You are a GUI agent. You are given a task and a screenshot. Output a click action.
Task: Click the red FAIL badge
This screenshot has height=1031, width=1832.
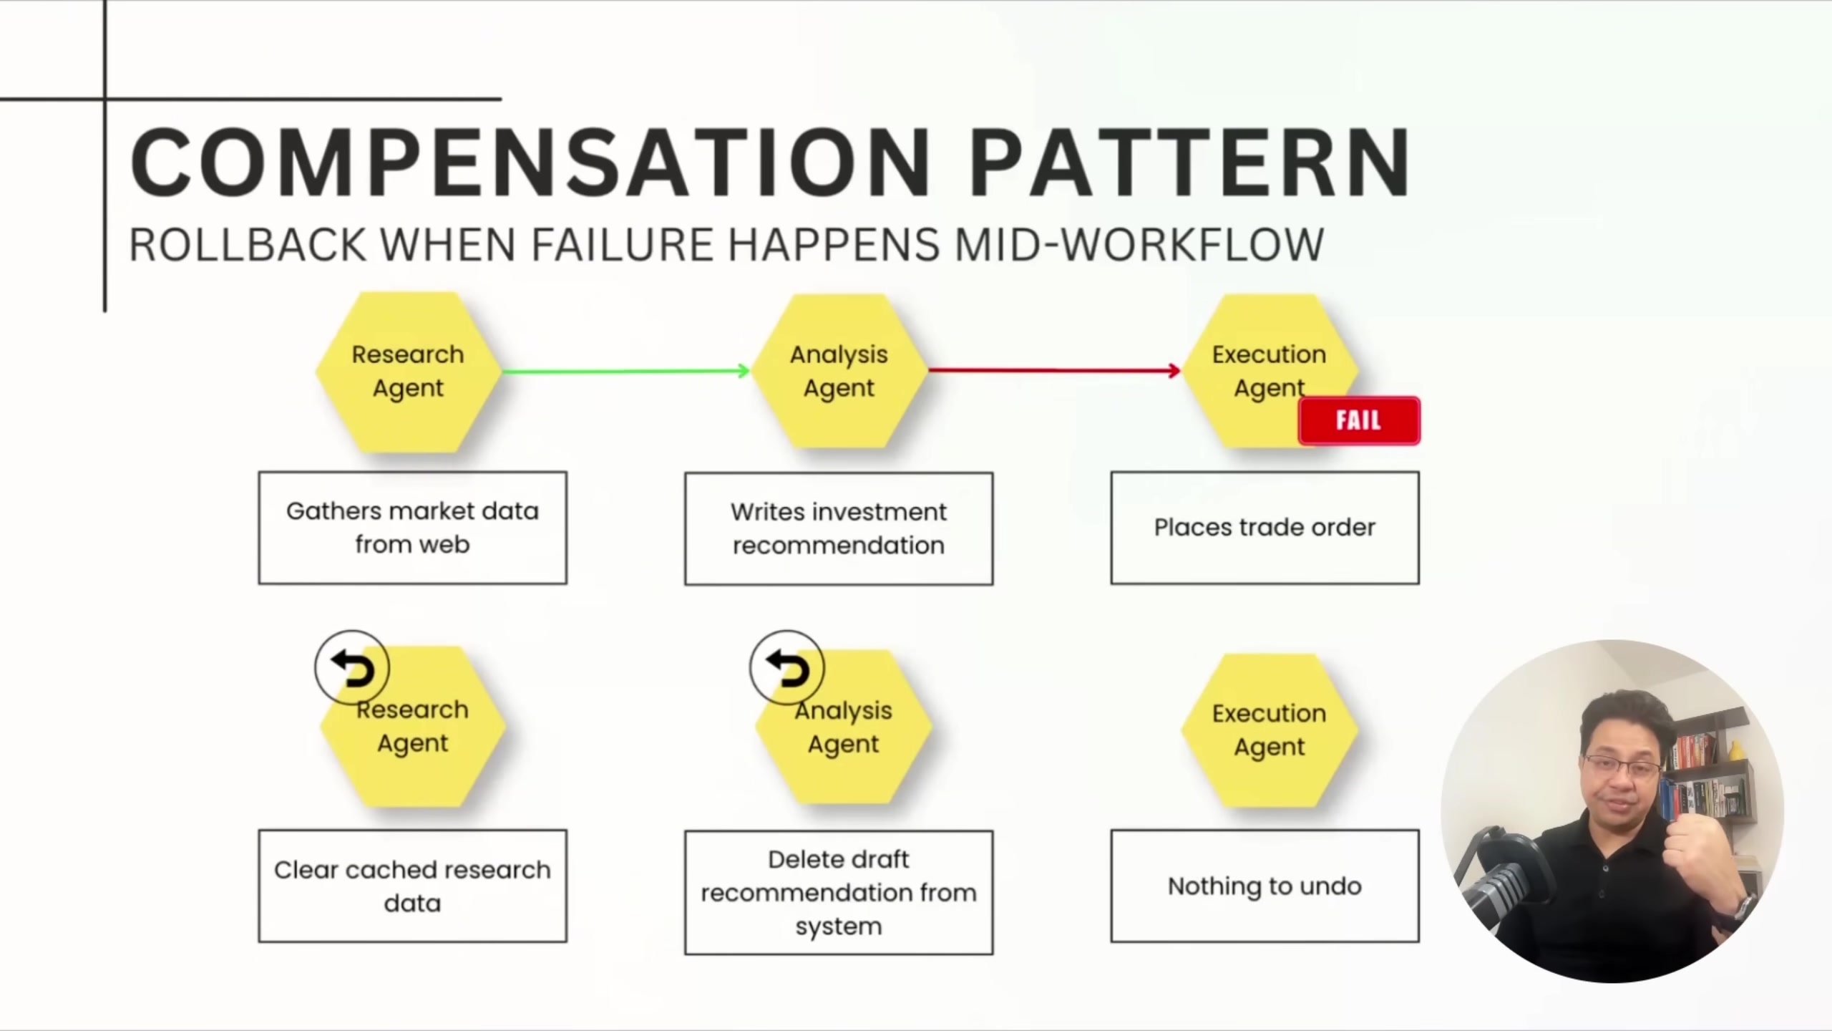[x=1358, y=420]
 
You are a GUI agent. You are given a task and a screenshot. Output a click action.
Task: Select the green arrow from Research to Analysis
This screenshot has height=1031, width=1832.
[x=624, y=371]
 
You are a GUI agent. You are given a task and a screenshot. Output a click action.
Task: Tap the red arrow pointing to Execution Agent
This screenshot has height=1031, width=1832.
[x=1053, y=370]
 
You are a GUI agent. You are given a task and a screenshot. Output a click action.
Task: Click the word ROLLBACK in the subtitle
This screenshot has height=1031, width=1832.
[x=248, y=245]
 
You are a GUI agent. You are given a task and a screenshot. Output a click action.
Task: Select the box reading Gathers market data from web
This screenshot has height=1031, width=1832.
[x=412, y=528]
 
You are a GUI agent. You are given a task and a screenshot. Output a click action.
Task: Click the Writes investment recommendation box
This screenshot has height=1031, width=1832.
[x=838, y=528]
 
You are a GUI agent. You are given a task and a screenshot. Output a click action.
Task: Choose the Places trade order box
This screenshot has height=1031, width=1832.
[x=1265, y=528]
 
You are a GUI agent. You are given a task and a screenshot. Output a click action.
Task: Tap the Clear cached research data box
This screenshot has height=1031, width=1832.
[x=412, y=886]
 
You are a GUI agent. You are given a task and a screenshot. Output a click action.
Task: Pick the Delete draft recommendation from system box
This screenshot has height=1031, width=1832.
[x=838, y=892]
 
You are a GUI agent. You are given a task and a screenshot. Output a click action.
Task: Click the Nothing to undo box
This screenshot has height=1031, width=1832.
[x=1265, y=886]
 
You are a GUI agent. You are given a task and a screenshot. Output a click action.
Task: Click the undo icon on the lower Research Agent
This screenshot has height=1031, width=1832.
[x=352, y=668]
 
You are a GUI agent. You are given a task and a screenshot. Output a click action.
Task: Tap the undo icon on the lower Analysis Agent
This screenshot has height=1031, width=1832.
[x=787, y=668]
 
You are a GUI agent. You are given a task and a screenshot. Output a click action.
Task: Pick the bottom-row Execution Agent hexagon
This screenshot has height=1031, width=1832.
[x=1269, y=730]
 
